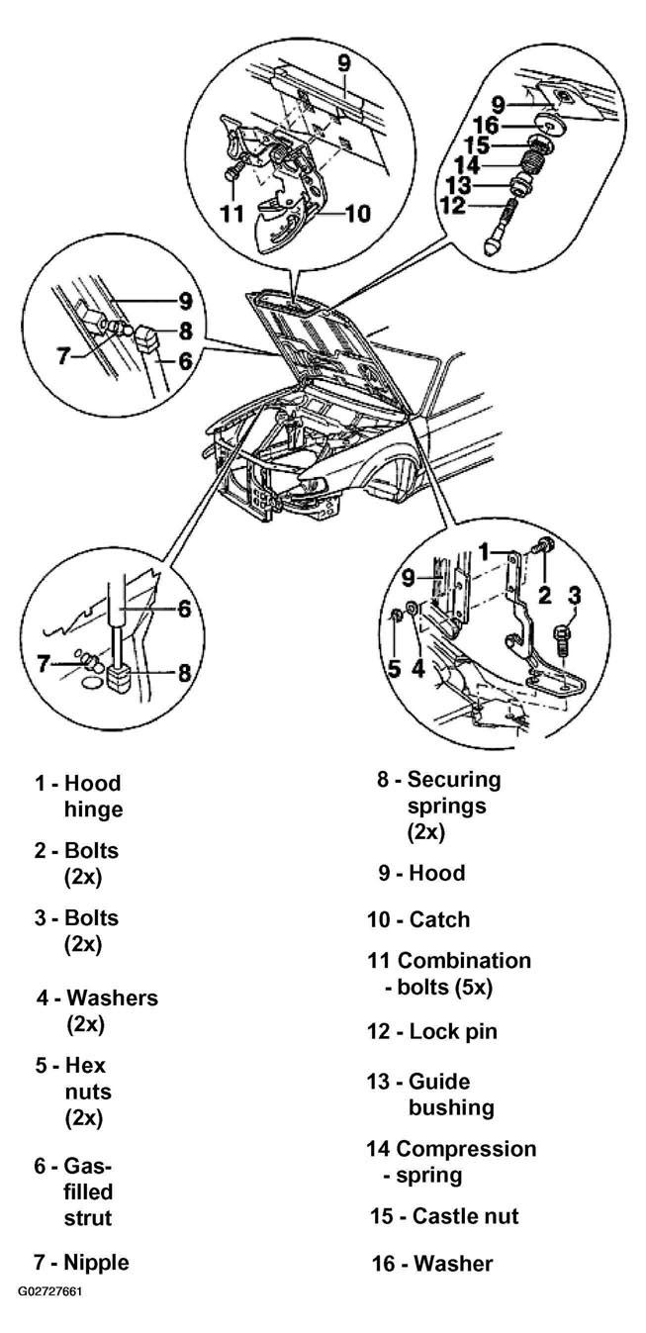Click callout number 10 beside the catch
357,213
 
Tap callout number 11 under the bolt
232,213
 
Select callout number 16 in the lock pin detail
486,126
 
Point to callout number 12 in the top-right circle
452,206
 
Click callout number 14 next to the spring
467,165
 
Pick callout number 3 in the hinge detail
574,595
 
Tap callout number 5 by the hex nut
395,668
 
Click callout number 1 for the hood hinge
485,551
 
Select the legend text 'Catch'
439,919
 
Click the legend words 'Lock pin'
453,1031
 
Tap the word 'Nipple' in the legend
96,1262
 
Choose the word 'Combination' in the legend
464,960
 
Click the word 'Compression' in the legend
466,1149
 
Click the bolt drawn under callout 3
562,640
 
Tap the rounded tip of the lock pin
496,247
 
